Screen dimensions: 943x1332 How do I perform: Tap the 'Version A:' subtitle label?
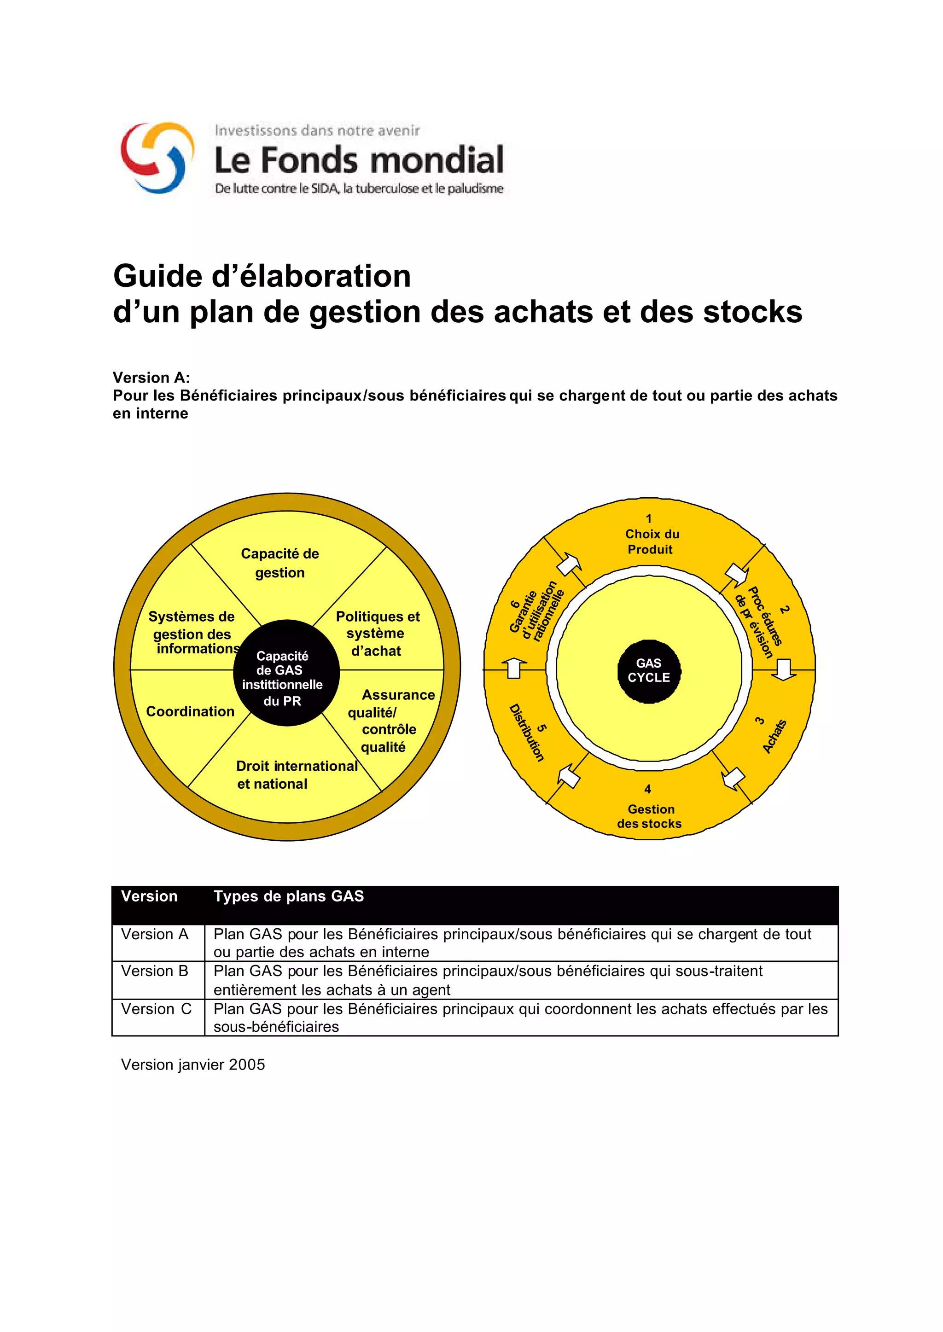(151, 378)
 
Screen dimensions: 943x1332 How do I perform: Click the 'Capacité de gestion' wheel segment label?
(280, 563)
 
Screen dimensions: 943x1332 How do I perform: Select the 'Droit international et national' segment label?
(296, 774)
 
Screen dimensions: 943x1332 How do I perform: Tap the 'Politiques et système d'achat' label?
(378, 634)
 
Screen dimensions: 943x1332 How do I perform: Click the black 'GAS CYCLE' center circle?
(649, 671)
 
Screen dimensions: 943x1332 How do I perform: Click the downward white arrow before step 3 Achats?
(784, 669)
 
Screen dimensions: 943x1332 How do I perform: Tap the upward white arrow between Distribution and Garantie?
(514, 668)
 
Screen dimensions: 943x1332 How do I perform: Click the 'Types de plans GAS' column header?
(289, 896)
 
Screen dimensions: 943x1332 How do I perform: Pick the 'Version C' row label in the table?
(156, 1009)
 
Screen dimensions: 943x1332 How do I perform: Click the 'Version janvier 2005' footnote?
(193, 1064)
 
